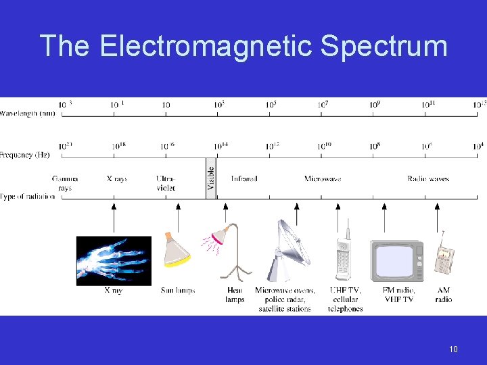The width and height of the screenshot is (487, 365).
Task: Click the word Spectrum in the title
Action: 384,47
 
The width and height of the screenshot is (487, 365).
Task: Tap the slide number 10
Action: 453,349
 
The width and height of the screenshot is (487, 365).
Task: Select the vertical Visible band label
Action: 210,181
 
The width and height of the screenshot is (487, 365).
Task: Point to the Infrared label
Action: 243,179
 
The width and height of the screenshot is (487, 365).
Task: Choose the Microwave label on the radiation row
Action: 323,179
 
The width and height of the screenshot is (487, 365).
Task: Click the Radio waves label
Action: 428,179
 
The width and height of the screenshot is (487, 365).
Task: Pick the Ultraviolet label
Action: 166,183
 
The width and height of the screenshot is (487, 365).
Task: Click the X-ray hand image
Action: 114,260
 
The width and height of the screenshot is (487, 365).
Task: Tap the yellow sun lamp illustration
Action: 177,250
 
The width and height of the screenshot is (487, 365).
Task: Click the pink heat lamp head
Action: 219,236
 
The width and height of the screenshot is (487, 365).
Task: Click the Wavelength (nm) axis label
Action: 28,113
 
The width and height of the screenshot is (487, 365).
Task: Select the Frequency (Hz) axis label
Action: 26,155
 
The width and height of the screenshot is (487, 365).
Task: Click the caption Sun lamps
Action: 177,291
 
